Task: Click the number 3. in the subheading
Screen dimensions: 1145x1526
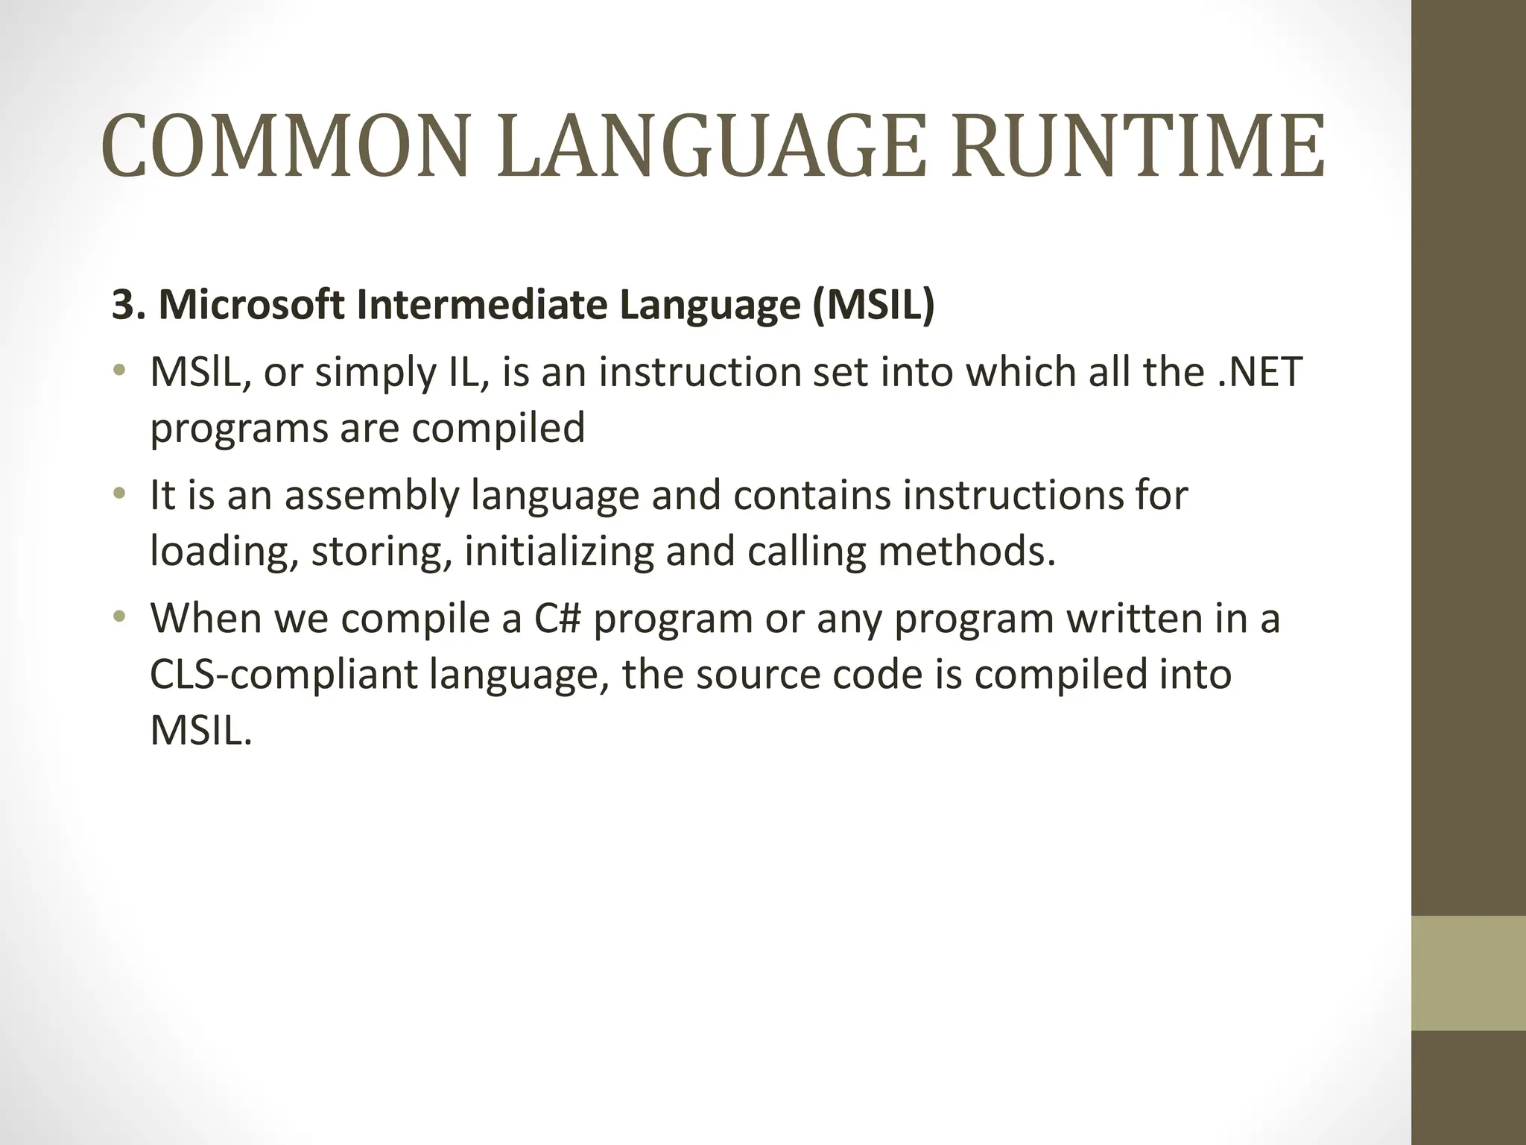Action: pyautogui.click(x=128, y=305)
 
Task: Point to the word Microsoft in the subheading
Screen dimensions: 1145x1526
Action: pyautogui.click(x=252, y=305)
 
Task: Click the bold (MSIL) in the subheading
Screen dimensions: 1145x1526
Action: pyautogui.click(x=873, y=305)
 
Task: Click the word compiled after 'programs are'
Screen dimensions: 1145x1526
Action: pyautogui.click(x=498, y=429)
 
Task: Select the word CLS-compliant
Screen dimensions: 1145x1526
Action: pyautogui.click(x=283, y=675)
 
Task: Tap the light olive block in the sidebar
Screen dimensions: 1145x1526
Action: pyautogui.click(x=1468, y=973)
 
